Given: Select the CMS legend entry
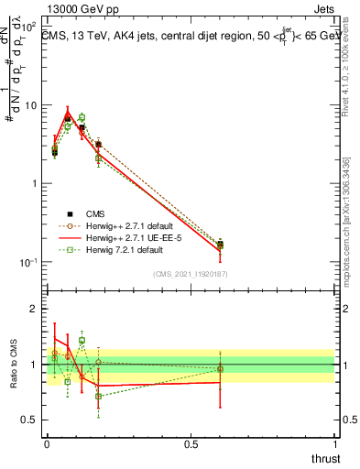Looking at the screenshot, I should (x=83, y=213).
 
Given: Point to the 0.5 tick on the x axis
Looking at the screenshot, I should (x=191, y=444).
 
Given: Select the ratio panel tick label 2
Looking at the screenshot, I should (x=35, y=309).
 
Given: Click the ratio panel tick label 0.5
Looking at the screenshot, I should (x=31, y=420).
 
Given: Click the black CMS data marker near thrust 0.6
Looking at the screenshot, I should (x=220, y=245).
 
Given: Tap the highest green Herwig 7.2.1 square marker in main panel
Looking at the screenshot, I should (x=82, y=117).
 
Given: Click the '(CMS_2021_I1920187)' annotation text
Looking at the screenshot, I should (x=191, y=273).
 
